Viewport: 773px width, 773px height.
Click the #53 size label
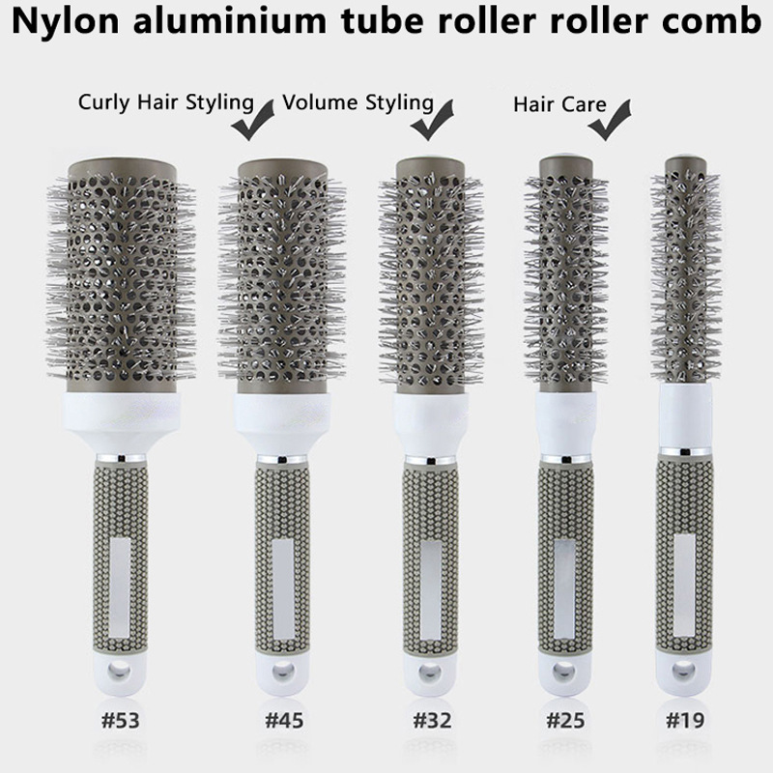coord(120,720)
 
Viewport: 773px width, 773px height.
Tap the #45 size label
coord(284,720)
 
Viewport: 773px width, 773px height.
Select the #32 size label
coord(432,720)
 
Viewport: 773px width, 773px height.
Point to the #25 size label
coord(565,720)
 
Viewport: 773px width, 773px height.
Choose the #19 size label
coord(685,720)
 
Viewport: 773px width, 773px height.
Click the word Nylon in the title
coord(65,21)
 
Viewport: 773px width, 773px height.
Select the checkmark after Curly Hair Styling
coord(253,120)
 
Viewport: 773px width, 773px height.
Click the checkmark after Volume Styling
coord(432,120)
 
